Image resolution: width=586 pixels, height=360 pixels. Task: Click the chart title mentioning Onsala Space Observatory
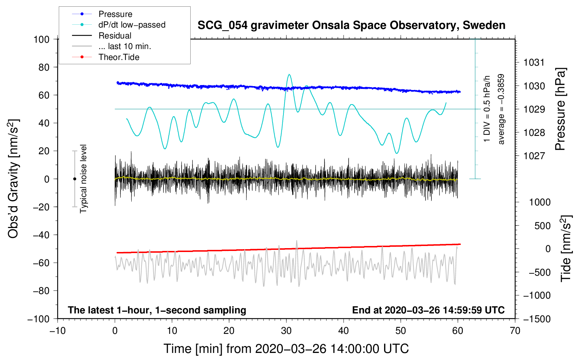tap(351, 25)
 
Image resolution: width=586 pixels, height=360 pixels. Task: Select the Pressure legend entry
tap(115, 14)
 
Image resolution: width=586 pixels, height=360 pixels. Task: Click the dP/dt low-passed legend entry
tap(132, 25)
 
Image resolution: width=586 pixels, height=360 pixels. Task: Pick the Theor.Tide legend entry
tap(119, 57)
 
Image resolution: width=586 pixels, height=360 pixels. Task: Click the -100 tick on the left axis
tap(39, 319)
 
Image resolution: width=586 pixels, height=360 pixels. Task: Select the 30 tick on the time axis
tap(286, 331)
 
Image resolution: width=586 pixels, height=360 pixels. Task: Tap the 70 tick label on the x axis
tap(515, 331)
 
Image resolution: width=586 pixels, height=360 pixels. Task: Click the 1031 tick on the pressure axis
tap(534, 62)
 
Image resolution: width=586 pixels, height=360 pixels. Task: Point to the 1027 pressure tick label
tap(534, 156)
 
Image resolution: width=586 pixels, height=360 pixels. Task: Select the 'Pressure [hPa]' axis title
tap(560, 109)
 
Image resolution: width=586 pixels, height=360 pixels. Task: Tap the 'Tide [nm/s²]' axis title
tap(566, 248)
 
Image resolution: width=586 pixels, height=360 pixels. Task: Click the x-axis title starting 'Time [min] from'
tap(286, 349)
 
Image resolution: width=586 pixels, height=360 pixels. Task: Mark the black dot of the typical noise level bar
tap(74, 179)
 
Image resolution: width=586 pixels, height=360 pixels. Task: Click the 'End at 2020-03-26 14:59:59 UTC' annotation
tap(428, 310)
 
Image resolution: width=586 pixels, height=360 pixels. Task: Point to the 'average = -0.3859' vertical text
tap(501, 109)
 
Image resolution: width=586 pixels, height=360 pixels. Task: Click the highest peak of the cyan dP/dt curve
tap(289, 74)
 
